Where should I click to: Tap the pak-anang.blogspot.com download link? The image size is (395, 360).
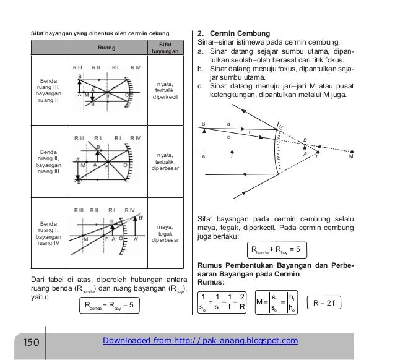click(202, 340)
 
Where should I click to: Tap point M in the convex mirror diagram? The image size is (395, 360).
click(351, 157)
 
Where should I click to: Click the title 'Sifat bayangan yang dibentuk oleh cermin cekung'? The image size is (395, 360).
click(92, 32)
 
